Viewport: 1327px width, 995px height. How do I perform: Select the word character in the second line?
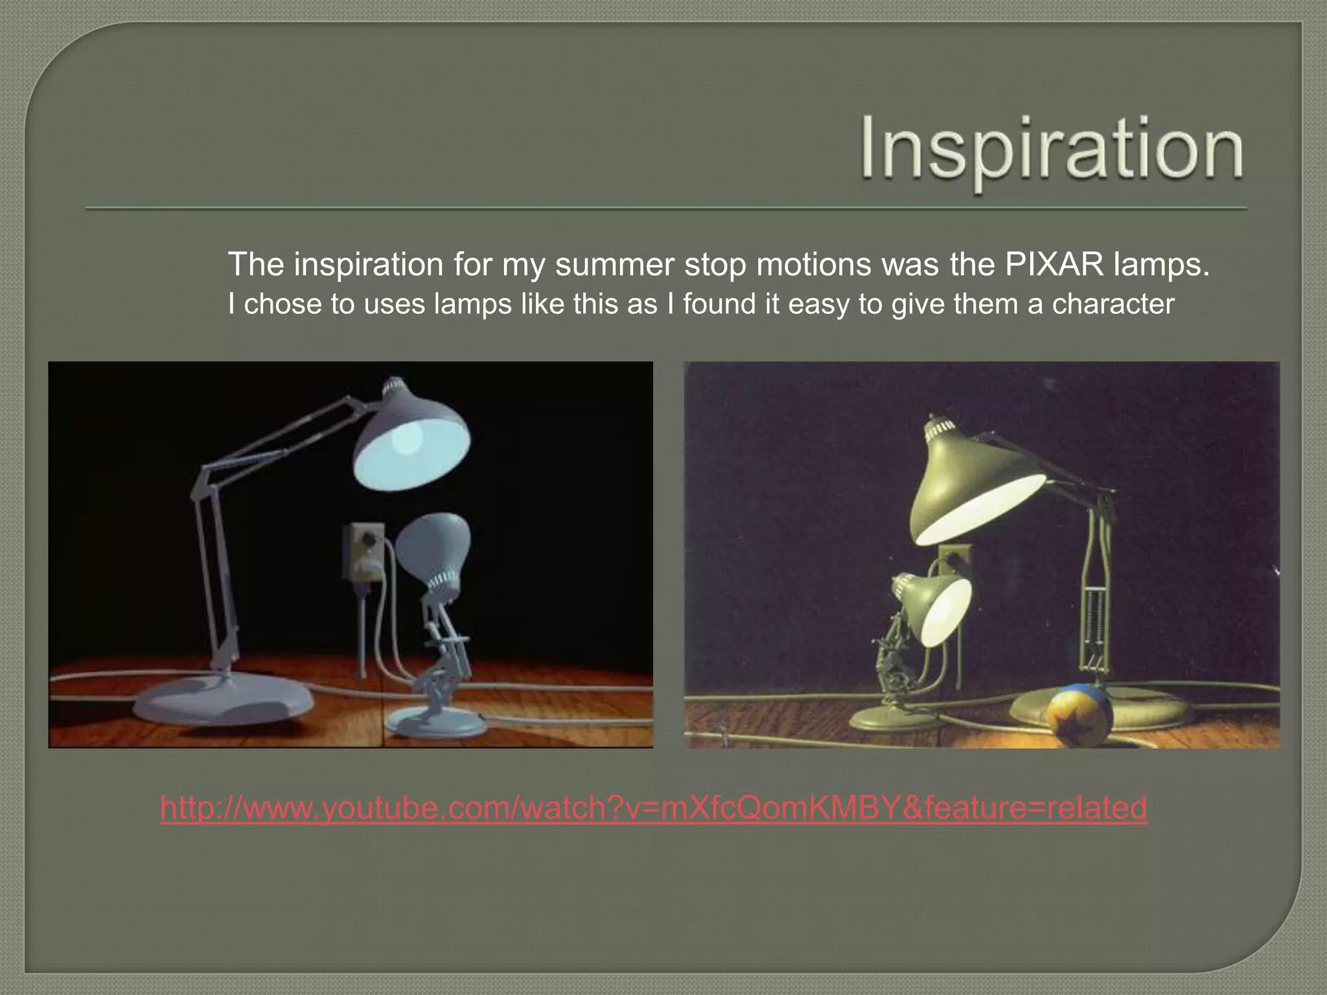tap(1113, 304)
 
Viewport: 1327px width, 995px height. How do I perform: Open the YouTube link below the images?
tap(654, 808)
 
